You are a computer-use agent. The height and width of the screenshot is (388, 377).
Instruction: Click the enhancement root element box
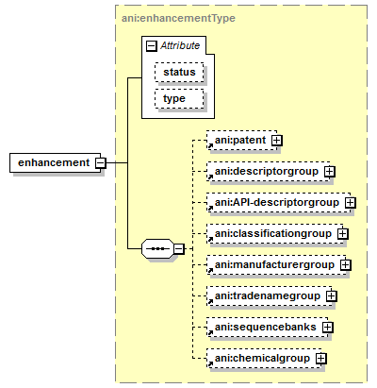tap(56, 162)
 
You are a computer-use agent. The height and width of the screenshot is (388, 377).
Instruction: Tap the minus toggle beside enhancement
tap(101, 163)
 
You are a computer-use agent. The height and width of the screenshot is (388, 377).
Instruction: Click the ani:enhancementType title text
tap(178, 18)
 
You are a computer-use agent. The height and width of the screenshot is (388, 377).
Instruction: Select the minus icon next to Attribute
tap(152, 46)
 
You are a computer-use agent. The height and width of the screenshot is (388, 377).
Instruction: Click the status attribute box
tap(179, 72)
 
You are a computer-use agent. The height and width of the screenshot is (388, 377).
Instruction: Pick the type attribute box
tap(179, 99)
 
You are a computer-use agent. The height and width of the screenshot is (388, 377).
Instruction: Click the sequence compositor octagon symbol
tap(157, 248)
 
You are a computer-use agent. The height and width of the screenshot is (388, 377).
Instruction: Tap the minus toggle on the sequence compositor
tap(179, 249)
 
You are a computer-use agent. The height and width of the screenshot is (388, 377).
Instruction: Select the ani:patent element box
tap(242, 140)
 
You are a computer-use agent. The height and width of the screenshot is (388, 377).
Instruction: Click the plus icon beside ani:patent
tap(277, 141)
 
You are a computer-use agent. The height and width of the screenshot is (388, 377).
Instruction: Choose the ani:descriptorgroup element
tap(269, 171)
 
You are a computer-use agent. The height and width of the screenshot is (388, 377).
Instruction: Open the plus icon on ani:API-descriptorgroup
tap(351, 203)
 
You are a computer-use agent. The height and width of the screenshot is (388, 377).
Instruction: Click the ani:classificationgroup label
tap(273, 233)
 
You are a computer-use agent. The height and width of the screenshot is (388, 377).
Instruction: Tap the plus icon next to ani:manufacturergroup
tap(346, 265)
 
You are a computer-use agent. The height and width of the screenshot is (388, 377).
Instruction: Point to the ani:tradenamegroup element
tap(270, 295)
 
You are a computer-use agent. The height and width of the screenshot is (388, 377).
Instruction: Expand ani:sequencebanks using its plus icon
tap(328, 328)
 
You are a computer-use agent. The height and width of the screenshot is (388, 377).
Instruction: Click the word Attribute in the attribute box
tap(180, 45)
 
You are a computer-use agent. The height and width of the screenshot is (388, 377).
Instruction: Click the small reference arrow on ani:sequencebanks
tap(210, 332)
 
